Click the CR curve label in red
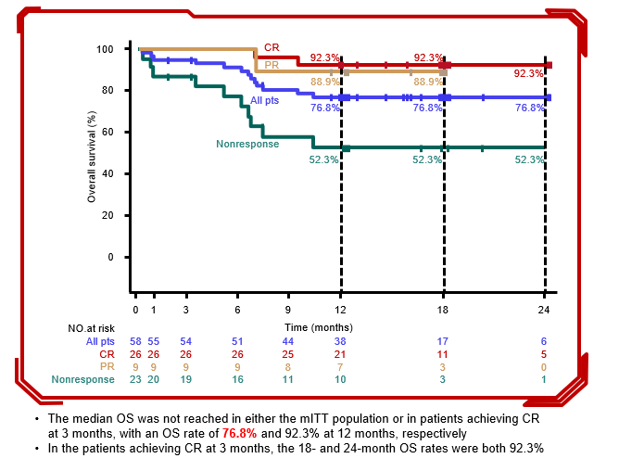(272, 47)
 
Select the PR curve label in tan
(272, 65)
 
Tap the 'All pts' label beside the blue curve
(266, 99)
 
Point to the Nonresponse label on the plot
(247, 144)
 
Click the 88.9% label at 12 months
(324, 83)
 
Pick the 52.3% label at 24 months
(529, 159)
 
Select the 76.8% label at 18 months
(427, 108)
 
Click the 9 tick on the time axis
(288, 308)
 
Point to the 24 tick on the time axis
(544, 308)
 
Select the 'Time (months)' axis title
(319, 326)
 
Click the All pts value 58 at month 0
(136, 341)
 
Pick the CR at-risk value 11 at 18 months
(443, 353)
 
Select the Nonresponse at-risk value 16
(238, 378)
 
